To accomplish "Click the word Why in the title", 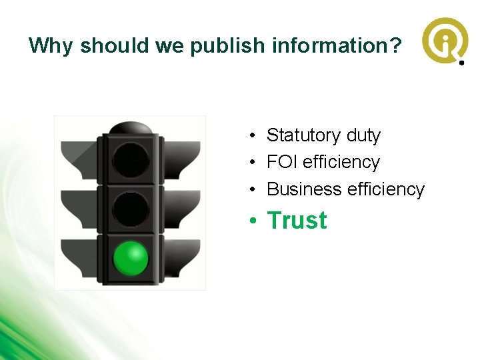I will (52, 45).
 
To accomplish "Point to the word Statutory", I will (304, 135).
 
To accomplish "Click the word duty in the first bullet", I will (363, 135).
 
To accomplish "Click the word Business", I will (304, 189).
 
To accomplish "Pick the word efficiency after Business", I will (386, 189).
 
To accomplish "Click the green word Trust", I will (297, 221).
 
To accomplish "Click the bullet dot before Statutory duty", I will (255, 136).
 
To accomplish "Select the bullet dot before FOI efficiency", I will (255, 163).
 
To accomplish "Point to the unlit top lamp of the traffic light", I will (131, 160).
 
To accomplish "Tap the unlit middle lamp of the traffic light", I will (131, 209).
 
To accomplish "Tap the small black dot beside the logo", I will (461, 63).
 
